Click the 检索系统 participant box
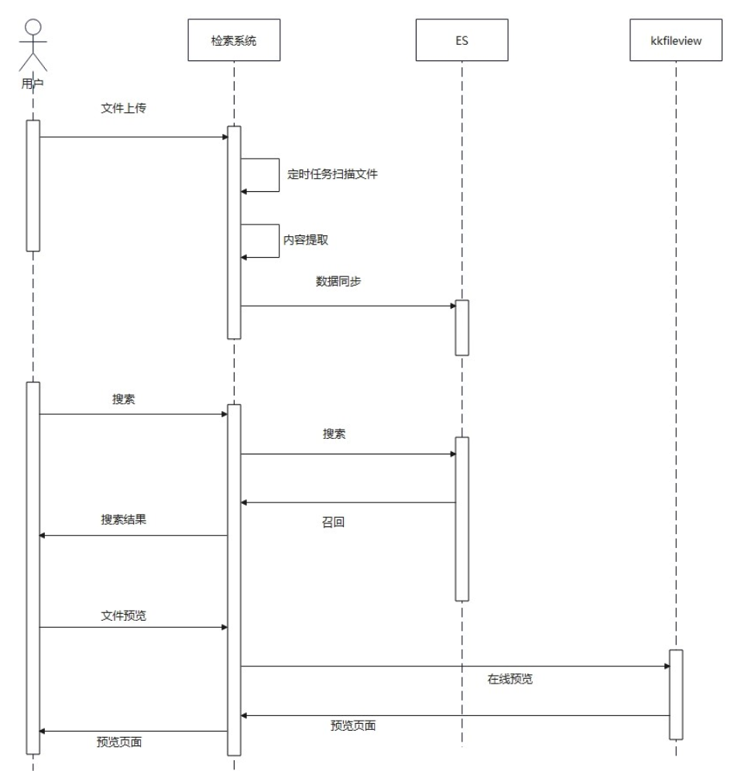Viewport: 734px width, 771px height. pyautogui.click(x=233, y=40)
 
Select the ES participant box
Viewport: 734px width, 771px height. pyautogui.click(x=461, y=40)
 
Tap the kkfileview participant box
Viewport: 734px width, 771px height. pyautogui.click(x=676, y=40)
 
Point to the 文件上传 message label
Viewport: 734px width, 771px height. pyautogui.click(x=124, y=108)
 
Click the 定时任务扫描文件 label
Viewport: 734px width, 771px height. pyautogui.click(x=333, y=174)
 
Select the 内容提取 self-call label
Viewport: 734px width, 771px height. pyautogui.click(x=305, y=240)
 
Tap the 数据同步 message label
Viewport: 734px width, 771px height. pyautogui.click(x=338, y=281)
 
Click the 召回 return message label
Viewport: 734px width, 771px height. pyautogui.click(x=333, y=523)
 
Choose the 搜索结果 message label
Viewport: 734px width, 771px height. pyautogui.click(x=124, y=519)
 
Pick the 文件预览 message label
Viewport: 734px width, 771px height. pyautogui.click(x=124, y=615)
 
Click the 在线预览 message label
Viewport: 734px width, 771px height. pyautogui.click(x=509, y=680)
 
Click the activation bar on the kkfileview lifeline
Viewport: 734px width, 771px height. pyautogui.click(x=676, y=694)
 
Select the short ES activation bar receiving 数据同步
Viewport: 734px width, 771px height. pyautogui.click(x=461, y=327)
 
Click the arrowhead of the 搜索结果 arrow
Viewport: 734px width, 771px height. pyautogui.click(x=43, y=535)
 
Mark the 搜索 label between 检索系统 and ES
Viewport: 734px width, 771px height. pyautogui.click(x=334, y=434)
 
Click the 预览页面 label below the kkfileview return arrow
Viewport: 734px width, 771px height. pyautogui.click(x=353, y=726)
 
